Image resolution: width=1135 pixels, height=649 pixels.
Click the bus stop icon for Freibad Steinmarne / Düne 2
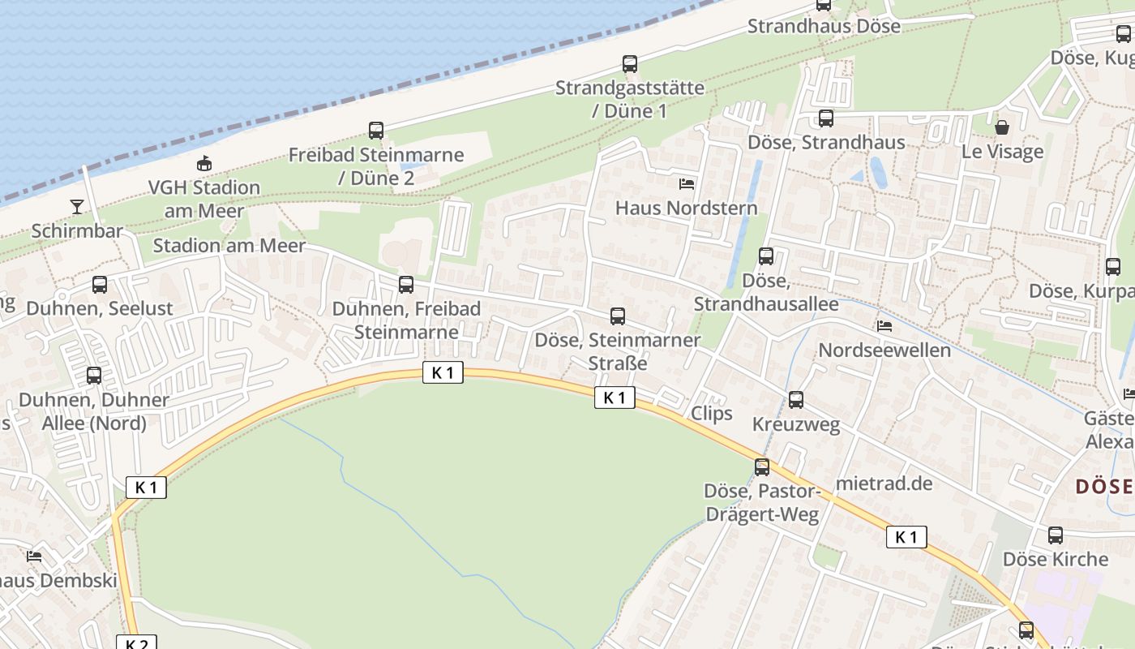pyautogui.click(x=376, y=130)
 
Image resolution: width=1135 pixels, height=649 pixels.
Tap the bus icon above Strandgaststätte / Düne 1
pyautogui.click(x=630, y=63)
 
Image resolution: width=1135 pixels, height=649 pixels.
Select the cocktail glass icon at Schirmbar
pyautogui.click(x=76, y=206)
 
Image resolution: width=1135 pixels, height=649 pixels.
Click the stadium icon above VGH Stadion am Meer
pyautogui.click(x=204, y=163)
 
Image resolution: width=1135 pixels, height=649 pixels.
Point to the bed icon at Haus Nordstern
pyautogui.click(x=687, y=183)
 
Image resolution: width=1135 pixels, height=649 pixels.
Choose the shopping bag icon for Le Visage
pyautogui.click(x=1002, y=127)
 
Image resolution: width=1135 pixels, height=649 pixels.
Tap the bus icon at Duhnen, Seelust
pyautogui.click(x=100, y=285)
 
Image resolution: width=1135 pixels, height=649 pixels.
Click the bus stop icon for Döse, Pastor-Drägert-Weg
pyautogui.click(x=762, y=466)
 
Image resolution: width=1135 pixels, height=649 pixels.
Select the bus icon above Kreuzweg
pyautogui.click(x=796, y=399)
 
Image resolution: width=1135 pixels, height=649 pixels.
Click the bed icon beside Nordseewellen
pyautogui.click(x=884, y=326)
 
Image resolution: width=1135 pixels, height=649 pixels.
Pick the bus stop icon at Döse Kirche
pyautogui.click(x=1055, y=535)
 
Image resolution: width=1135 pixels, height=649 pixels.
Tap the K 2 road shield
pyautogui.click(x=136, y=643)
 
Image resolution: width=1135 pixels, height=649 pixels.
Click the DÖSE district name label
pyautogui.click(x=1104, y=487)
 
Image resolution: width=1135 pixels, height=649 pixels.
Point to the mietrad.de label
pyautogui.click(x=884, y=484)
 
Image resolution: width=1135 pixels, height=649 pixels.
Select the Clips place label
pyautogui.click(x=712, y=413)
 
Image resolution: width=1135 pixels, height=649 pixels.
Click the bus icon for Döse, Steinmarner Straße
pyautogui.click(x=618, y=316)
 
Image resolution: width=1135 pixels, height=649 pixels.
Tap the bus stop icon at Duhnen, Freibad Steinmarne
pyautogui.click(x=406, y=285)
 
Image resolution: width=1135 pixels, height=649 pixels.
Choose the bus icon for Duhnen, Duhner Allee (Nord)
pyautogui.click(x=94, y=376)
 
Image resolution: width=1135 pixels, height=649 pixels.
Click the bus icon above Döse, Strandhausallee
pyautogui.click(x=766, y=256)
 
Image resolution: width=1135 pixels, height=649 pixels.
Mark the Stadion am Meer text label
pyautogui.click(x=229, y=245)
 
